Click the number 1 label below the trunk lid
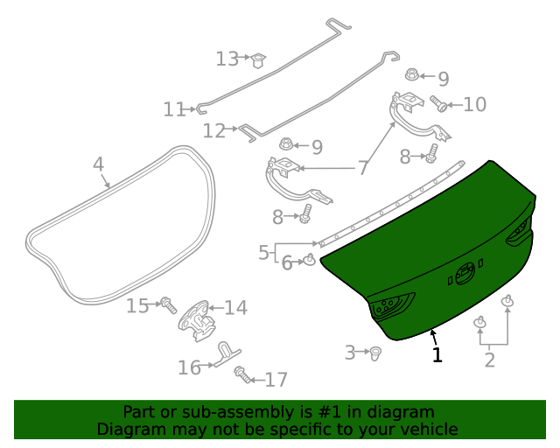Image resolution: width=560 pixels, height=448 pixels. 437,354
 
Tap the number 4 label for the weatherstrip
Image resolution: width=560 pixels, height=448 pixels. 98,164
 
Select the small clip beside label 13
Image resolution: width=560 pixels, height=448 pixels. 258,60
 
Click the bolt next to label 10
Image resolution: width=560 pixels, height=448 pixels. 440,106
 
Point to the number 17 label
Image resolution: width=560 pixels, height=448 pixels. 276,380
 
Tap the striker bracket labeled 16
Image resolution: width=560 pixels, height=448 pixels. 226,354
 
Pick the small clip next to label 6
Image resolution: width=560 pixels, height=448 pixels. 310,259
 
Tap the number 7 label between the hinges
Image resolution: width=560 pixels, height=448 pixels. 362,168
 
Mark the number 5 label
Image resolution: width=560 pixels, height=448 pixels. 263,253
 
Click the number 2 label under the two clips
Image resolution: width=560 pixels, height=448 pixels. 489,359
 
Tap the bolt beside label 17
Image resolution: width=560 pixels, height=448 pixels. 241,375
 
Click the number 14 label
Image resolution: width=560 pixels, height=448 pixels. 235,308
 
